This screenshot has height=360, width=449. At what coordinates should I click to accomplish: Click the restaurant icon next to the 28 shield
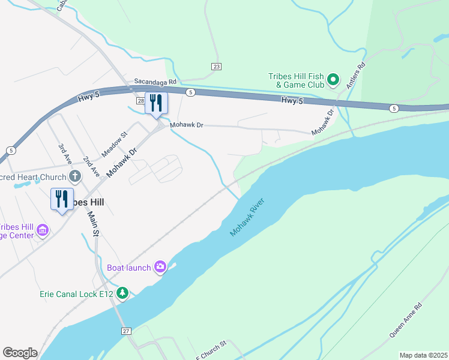[x=156, y=103]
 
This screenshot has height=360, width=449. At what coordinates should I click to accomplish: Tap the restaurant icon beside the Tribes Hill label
[x=62, y=199]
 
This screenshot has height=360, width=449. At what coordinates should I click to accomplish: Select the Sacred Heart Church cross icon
[x=75, y=176]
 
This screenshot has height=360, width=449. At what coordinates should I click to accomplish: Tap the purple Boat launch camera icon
[x=160, y=267]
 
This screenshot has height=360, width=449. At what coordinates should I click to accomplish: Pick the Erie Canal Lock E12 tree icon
[x=122, y=293]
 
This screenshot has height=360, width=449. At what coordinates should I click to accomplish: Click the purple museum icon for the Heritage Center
[x=42, y=230]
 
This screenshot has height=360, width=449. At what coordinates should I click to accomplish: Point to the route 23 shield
[x=216, y=67]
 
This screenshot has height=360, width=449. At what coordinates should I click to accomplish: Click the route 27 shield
[x=125, y=331]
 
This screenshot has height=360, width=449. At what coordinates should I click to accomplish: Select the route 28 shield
[x=140, y=101]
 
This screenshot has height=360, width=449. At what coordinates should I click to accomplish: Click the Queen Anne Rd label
[x=405, y=319]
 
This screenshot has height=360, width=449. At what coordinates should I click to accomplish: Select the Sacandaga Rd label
[x=155, y=81]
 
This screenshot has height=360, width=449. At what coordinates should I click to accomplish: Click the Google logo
[x=20, y=353]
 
